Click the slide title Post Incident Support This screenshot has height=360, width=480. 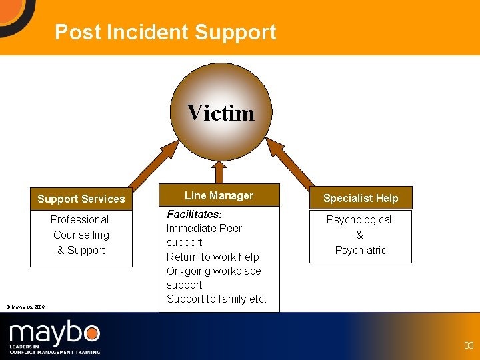tap(165, 32)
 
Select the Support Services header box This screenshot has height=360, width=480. tap(81, 199)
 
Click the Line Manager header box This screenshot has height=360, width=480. tap(219, 195)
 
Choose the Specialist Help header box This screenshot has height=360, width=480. tap(361, 198)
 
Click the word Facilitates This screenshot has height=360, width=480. tap(194, 214)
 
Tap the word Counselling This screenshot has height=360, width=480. tap(81, 235)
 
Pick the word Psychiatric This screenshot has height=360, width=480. tap(361, 250)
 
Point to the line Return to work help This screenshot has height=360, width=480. tap(213, 257)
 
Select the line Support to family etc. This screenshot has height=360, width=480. tap(216, 299)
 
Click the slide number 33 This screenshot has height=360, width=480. tap(469, 345)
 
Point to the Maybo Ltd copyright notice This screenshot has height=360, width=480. tap(25, 307)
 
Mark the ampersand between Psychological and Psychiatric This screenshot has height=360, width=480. tap(360, 235)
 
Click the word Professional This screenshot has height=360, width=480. tap(79, 219)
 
